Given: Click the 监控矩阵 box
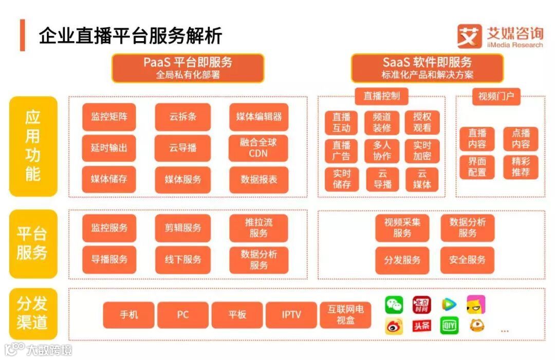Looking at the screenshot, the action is [109, 117].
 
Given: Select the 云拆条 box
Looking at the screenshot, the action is [183, 117].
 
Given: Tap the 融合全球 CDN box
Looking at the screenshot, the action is [258, 148].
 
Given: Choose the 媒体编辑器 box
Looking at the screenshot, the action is [258, 117].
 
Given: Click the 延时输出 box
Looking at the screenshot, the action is [109, 148].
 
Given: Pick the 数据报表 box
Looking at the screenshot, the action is [258, 179].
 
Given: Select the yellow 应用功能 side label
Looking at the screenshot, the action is [33, 146].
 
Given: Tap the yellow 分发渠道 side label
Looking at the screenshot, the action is [33, 313].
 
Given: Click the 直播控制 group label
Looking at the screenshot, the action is [381, 96].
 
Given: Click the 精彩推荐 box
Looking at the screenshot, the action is [521, 166].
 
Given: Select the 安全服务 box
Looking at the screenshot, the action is [467, 260].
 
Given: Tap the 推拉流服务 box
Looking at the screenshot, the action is [258, 228].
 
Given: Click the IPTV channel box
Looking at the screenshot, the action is [291, 315].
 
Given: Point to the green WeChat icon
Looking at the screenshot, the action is [394, 305].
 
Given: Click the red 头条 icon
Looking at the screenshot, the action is [421, 326].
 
